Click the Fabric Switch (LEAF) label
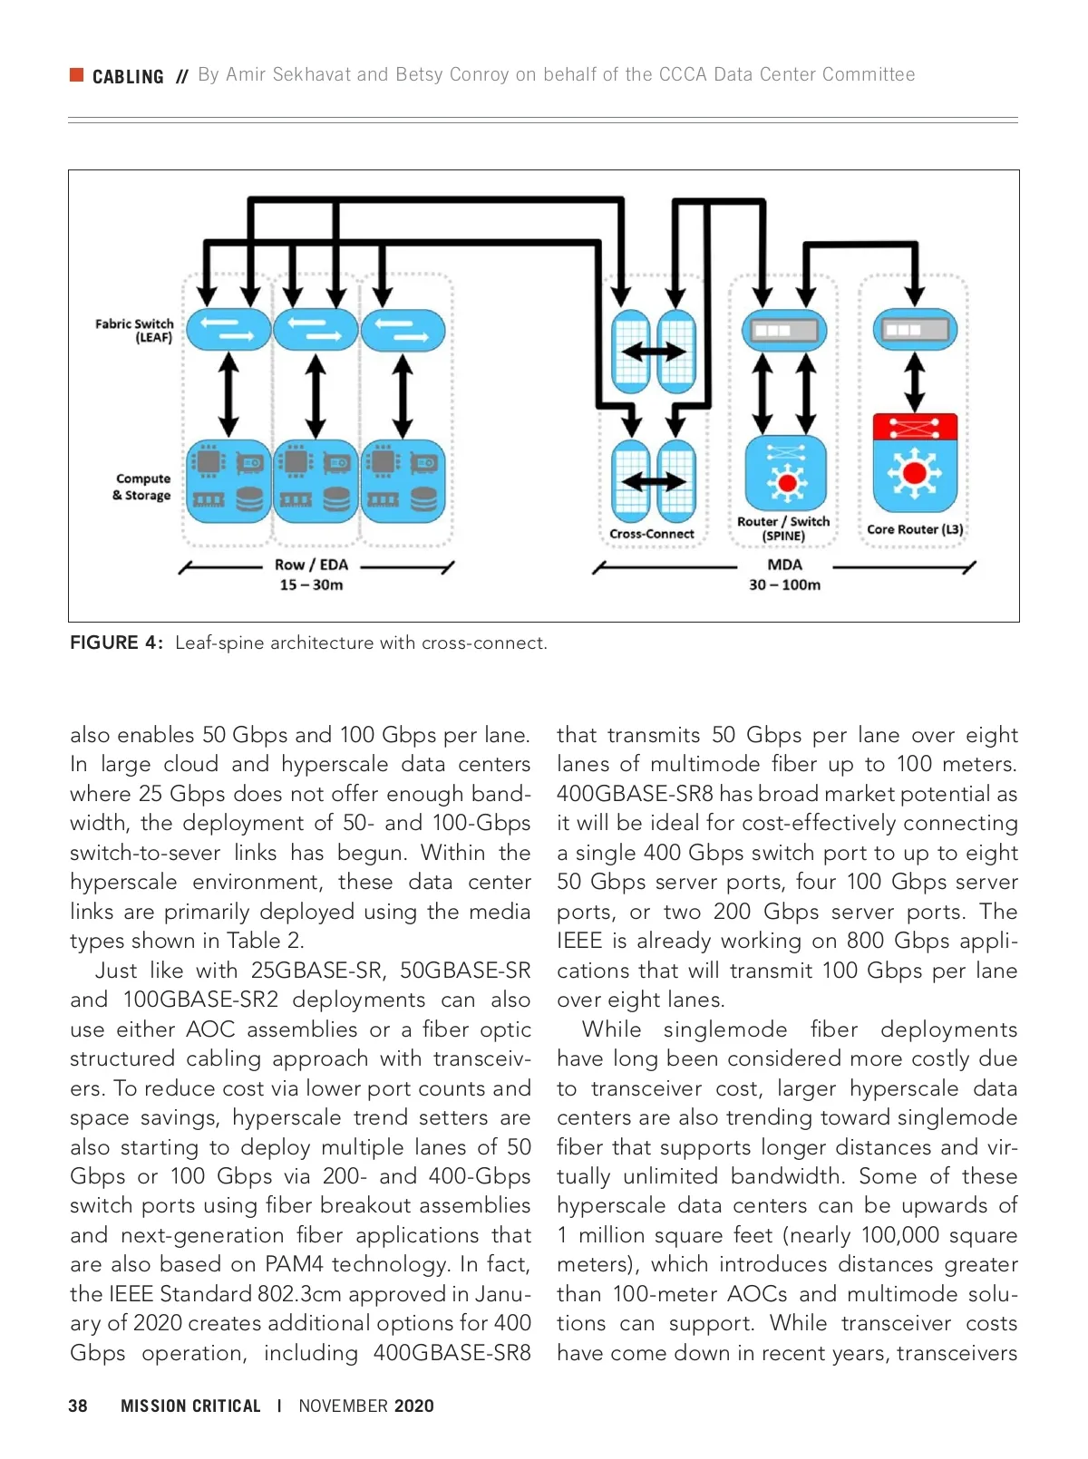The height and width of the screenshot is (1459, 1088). pos(134,331)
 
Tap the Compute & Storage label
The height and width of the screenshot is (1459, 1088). pos(142,487)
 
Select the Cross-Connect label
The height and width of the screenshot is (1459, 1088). pos(651,534)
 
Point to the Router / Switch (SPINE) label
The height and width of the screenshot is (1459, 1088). pos(783,528)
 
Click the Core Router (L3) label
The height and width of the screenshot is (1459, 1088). pos(914,529)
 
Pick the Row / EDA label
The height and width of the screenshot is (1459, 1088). pos(311,565)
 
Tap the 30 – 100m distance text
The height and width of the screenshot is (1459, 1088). pos(784,585)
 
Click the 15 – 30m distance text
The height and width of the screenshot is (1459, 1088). pos(311,585)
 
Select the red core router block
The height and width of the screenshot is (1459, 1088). pos(915,426)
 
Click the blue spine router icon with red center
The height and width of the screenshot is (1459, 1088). pos(786,474)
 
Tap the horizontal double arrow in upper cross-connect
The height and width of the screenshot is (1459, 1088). pos(653,351)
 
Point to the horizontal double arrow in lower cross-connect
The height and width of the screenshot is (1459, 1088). pos(653,481)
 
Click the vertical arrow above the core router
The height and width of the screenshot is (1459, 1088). pos(915,381)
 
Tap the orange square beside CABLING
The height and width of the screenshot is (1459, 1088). pos(77,74)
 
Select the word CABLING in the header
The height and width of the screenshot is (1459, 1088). pos(128,77)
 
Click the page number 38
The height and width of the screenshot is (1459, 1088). pos(78,1406)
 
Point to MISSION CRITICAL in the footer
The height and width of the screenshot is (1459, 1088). pos(190,1406)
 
